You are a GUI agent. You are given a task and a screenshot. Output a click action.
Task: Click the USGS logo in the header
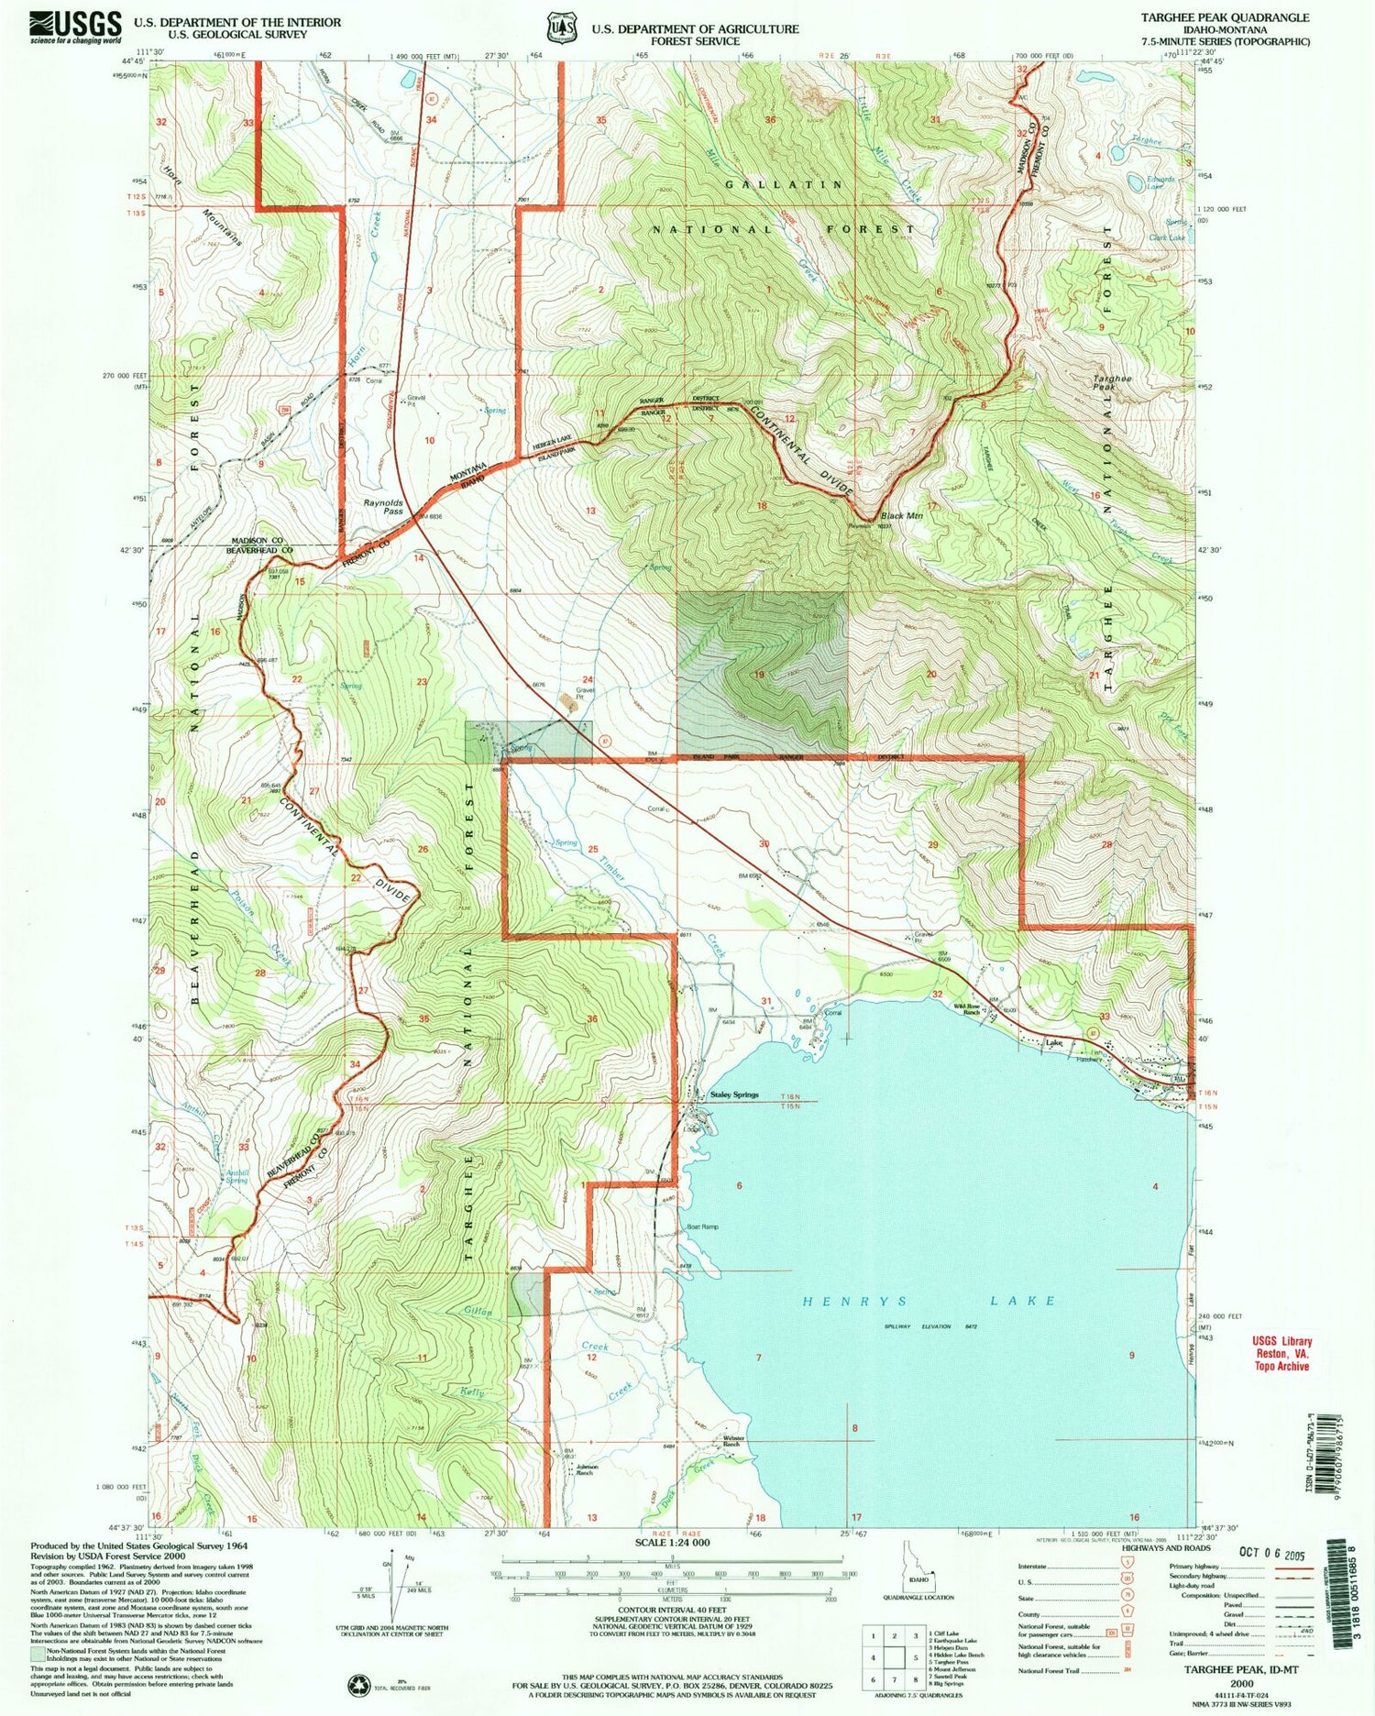point(75,26)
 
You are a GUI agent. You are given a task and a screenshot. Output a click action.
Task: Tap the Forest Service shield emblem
point(560,27)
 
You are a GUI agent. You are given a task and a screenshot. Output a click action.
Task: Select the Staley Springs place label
point(734,1094)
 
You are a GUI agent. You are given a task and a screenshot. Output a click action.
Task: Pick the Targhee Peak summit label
point(1112,383)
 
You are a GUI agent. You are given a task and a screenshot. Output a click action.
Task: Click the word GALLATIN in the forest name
point(784,184)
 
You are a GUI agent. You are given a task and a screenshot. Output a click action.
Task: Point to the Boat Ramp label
point(702,1226)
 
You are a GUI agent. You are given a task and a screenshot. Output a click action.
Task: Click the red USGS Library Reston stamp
point(1281,1352)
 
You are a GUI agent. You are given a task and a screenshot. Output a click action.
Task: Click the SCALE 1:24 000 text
point(672,1543)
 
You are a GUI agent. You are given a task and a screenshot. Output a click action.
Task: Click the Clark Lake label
point(1166,237)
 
